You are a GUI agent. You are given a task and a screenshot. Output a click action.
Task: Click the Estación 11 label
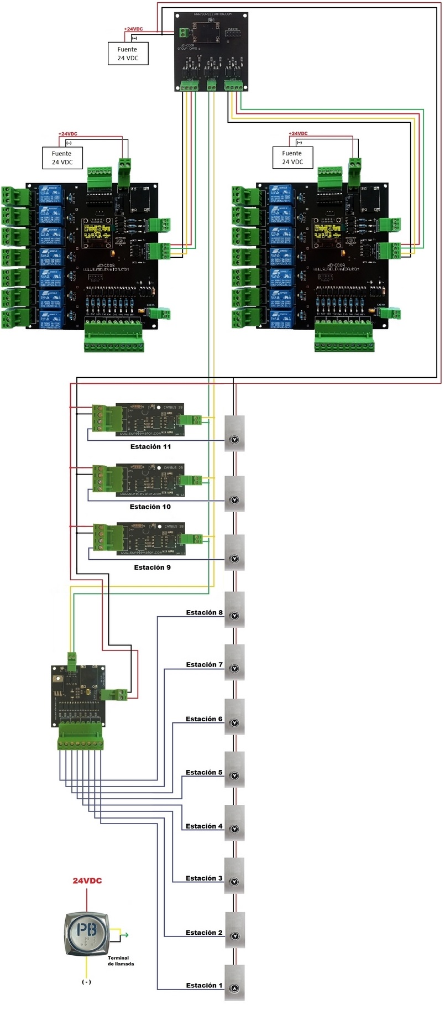pos(150,446)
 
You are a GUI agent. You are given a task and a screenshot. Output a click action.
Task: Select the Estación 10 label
pos(150,507)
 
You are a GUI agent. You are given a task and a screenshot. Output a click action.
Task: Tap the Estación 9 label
pos(152,567)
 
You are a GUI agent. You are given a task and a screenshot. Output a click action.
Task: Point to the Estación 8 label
pos(204,612)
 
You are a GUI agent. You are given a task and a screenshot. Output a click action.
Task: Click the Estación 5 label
pos(204,772)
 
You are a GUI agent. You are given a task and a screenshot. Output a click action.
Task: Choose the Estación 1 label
pos(204,985)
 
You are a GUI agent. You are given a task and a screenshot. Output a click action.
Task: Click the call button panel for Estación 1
pos(234,982)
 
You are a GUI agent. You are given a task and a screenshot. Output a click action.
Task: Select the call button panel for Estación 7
pos(234,663)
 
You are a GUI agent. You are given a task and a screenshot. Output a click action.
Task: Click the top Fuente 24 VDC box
pos(128,54)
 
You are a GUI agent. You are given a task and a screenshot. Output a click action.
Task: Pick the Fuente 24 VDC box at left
pos(62,158)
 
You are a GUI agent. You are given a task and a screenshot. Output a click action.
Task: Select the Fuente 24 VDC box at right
pos(292,158)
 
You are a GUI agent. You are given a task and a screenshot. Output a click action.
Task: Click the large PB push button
pos(87,933)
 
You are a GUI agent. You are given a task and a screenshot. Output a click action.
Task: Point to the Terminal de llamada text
pos(120,961)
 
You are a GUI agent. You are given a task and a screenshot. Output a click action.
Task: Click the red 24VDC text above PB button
pos(87,881)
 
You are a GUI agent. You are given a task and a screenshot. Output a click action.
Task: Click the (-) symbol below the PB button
pos(86,982)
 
